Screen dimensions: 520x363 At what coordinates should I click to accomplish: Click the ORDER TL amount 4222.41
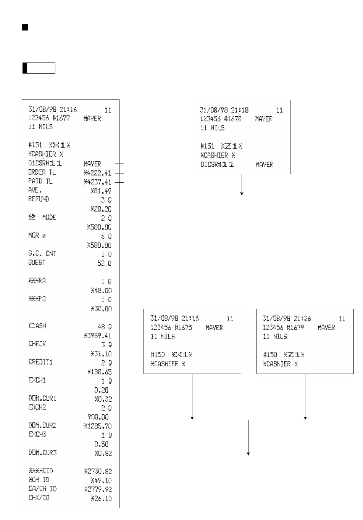point(98,173)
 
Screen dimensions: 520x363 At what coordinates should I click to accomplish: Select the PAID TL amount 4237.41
point(98,182)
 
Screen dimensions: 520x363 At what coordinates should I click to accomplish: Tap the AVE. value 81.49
point(101,191)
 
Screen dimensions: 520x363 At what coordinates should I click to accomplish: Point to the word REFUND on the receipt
point(39,199)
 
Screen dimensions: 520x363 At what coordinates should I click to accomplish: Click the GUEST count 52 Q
point(104,263)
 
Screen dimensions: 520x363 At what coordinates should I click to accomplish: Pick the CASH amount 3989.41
point(98,336)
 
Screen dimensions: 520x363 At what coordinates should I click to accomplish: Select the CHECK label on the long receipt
point(37,344)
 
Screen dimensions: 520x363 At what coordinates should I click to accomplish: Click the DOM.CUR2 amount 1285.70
point(98,426)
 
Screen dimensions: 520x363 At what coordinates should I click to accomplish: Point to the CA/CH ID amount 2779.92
point(98,490)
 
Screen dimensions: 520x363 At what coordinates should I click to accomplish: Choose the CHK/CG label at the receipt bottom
point(39,498)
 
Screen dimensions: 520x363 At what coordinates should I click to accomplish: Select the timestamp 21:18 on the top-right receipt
point(240,110)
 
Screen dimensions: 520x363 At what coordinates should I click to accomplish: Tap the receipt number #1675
point(183,327)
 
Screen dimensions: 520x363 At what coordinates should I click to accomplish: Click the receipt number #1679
point(295,327)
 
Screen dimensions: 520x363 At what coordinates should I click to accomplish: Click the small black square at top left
point(25,27)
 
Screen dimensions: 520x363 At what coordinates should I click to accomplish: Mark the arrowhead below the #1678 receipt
point(242,194)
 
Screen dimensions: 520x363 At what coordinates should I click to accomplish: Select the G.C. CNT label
point(42,254)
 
